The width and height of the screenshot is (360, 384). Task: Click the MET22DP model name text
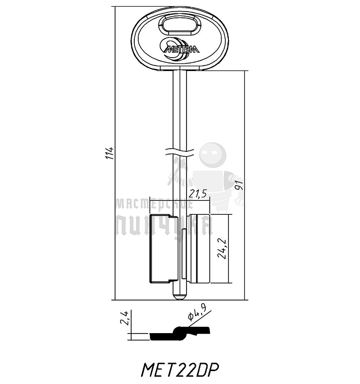point(180,370)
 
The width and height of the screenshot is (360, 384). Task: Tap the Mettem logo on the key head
point(180,48)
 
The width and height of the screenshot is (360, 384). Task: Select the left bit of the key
point(163,248)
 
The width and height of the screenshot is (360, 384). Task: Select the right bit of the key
point(199,249)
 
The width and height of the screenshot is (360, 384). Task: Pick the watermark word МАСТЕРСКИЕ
point(154,205)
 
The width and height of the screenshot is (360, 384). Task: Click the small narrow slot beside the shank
point(184,253)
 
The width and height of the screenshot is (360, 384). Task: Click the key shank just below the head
point(180,89)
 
